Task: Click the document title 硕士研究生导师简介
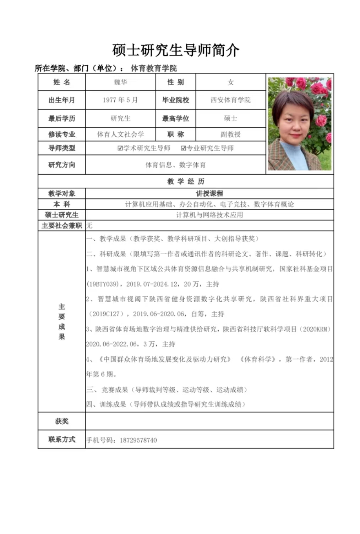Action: click(x=176, y=50)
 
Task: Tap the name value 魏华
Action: click(x=120, y=82)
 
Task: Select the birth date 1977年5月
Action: click(x=120, y=100)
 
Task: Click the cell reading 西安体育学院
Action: click(x=230, y=100)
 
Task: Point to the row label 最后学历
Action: click(x=62, y=119)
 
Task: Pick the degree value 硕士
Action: click(x=230, y=119)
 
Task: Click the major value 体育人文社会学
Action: click(x=120, y=134)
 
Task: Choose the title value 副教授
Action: click(x=230, y=134)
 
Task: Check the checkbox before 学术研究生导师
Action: click(x=120, y=148)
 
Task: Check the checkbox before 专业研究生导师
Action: click(x=184, y=148)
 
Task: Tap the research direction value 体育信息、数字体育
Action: click(x=175, y=165)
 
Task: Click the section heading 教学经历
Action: click(x=186, y=182)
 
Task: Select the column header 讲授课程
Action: click(x=209, y=194)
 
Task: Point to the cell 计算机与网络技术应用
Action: click(x=209, y=215)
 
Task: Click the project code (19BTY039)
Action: click(x=103, y=284)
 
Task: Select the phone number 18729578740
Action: click(x=138, y=440)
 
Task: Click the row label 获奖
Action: click(x=62, y=422)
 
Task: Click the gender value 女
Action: click(x=230, y=82)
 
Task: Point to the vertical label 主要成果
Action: click(x=62, y=321)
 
